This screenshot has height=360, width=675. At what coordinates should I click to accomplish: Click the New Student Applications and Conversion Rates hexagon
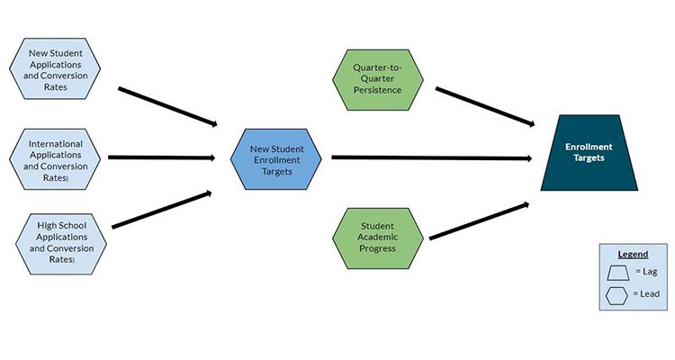55,69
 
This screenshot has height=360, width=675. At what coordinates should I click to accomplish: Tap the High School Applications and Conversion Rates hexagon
55,240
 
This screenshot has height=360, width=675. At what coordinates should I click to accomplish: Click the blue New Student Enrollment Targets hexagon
274,158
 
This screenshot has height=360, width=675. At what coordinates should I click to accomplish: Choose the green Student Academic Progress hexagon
378,236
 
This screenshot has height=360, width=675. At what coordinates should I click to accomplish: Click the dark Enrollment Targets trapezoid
589,152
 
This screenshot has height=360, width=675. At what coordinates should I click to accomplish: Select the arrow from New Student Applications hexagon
167,107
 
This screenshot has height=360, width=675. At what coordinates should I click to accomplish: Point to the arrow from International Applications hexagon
160,157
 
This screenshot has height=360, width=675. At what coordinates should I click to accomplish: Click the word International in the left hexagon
55,143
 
